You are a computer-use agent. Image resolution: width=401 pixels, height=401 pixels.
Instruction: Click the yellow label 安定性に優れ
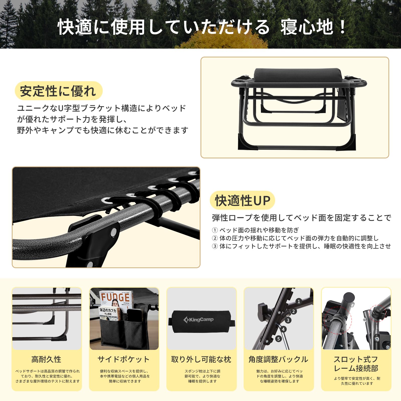click(x=58, y=91)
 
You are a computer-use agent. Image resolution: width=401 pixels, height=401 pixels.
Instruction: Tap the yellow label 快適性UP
click(x=242, y=200)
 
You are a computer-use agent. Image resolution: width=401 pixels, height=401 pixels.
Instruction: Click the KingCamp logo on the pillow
click(x=198, y=320)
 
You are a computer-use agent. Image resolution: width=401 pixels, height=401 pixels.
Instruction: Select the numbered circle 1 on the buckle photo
click(x=298, y=302)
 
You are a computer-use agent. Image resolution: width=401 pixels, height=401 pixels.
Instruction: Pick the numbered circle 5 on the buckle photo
click(x=278, y=339)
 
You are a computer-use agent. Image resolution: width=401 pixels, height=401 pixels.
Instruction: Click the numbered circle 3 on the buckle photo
click(x=288, y=320)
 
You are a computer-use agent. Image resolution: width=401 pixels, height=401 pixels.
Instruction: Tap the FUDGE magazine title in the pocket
click(x=115, y=298)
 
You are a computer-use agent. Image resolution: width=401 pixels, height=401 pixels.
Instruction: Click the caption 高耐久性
click(x=46, y=359)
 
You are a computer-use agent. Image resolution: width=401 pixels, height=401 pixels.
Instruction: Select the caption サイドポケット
click(x=124, y=359)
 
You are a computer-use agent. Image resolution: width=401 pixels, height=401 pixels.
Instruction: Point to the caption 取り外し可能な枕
click(x=201, y=359)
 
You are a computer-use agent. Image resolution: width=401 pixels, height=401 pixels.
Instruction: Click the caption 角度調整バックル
click(x=278, y=359)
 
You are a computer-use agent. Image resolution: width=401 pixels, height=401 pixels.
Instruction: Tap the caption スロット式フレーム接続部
click(x=356, y=364)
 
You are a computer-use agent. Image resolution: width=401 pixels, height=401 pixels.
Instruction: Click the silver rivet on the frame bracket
click(x=114, y=232)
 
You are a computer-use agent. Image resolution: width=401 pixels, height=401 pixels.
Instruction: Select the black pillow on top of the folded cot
click(x=298, y=75)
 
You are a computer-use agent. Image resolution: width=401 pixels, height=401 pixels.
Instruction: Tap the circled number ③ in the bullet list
click(x=215, y=246)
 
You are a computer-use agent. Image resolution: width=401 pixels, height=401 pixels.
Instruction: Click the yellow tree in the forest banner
click(x=226, y=40)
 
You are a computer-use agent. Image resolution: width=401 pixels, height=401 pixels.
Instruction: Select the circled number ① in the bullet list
click(x=215, y=230)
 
